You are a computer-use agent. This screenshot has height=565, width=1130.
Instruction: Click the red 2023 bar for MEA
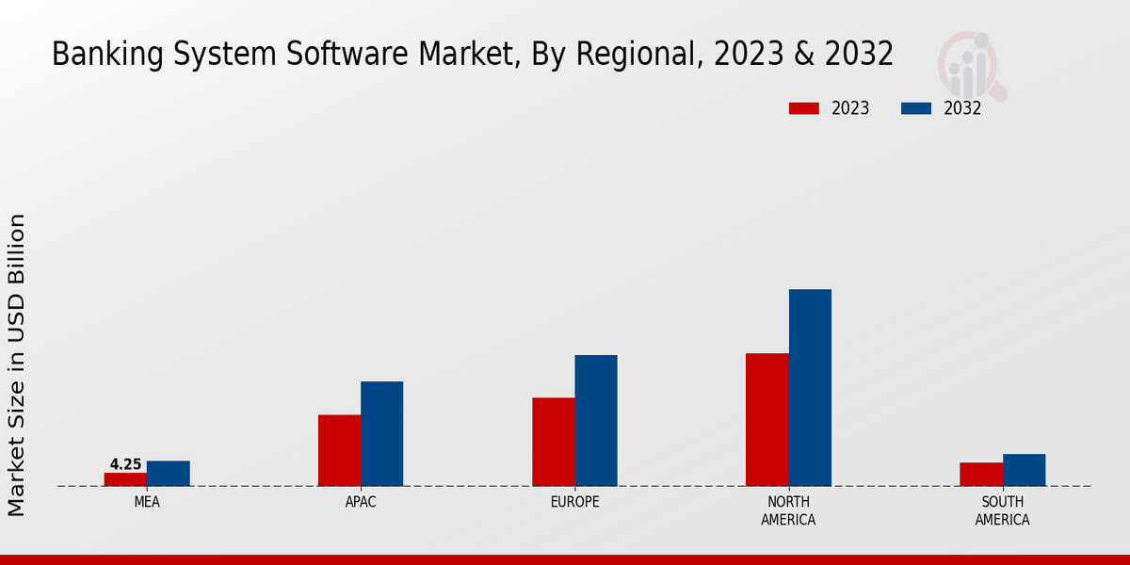coord(125,479)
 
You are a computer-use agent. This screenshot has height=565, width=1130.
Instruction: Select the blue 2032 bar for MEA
coord(168,474)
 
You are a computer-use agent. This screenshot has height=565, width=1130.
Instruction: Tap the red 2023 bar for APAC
coord(339,450)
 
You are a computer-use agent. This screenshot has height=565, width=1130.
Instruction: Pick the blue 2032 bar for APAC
coord(381,434)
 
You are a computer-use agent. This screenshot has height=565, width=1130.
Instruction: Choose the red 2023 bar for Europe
coord(553,442)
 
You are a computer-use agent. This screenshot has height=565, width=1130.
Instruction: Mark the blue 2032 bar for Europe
coord(596,421)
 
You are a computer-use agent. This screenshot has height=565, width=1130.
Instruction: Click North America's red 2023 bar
coord(767,420)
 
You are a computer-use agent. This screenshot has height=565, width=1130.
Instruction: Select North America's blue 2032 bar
coord(810,388)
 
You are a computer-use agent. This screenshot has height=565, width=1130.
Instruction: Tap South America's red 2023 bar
coord(981,475)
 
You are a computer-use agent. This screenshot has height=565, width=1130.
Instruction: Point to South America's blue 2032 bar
coord(1024,470)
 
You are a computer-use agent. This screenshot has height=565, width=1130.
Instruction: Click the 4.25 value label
coord(125,464)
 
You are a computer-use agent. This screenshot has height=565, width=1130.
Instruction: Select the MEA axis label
coord(147,502)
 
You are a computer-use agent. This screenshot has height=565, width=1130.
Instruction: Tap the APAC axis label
coord(361,502)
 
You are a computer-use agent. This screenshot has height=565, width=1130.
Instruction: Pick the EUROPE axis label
coord(574,502)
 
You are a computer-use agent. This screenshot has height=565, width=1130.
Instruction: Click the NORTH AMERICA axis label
coord(788,510)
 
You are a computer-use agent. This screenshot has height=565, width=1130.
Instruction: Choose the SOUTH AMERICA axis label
coord(1002,510)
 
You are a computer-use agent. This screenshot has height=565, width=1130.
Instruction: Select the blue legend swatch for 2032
coord(915,108)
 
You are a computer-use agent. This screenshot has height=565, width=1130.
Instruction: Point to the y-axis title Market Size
coord(17,364)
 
